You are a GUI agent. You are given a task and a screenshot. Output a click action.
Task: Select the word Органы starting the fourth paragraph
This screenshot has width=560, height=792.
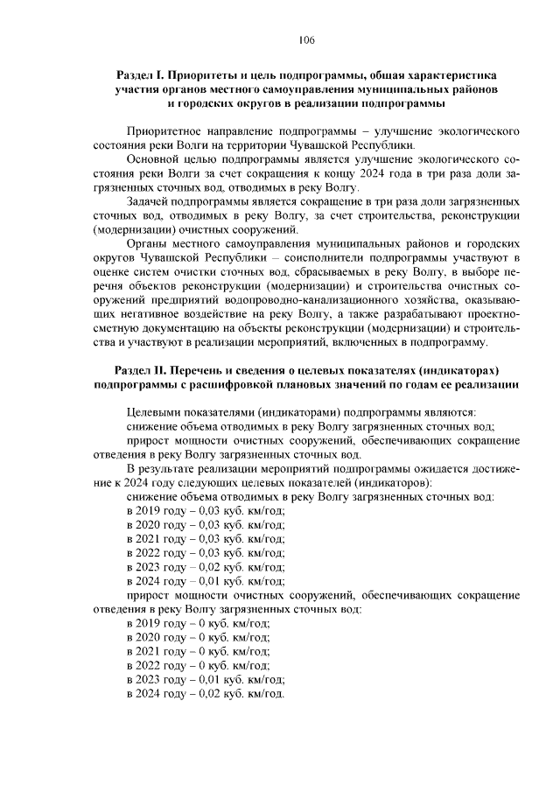point(147,242)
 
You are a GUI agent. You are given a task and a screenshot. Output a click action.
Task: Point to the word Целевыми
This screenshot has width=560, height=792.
point(153,411)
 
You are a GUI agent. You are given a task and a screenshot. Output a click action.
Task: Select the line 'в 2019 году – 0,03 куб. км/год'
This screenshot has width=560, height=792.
point(206,510)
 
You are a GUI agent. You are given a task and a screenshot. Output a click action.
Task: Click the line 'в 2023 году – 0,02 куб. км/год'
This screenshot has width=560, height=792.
point(206,565)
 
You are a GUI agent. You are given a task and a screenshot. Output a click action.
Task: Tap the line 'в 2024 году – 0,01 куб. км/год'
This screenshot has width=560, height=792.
point(206,579)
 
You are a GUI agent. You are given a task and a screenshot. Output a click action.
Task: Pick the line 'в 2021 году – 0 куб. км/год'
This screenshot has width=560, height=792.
point(199,650)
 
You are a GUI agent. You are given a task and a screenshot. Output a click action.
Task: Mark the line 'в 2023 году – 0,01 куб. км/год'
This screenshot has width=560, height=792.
point(206,678)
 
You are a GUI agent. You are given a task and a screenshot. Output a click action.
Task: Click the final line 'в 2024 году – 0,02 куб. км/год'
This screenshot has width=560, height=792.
point(206,692)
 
